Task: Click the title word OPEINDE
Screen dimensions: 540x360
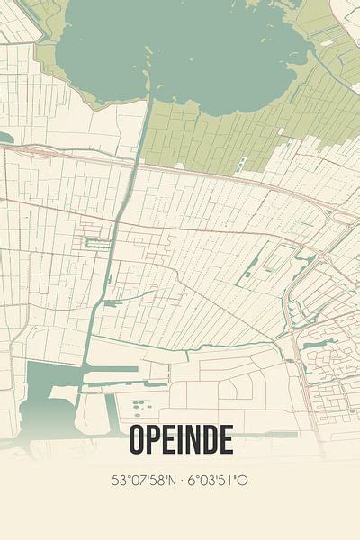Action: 180,439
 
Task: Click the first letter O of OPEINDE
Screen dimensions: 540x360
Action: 138,439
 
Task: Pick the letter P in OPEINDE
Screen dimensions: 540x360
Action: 156,439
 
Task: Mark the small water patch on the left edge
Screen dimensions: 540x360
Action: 4,138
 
